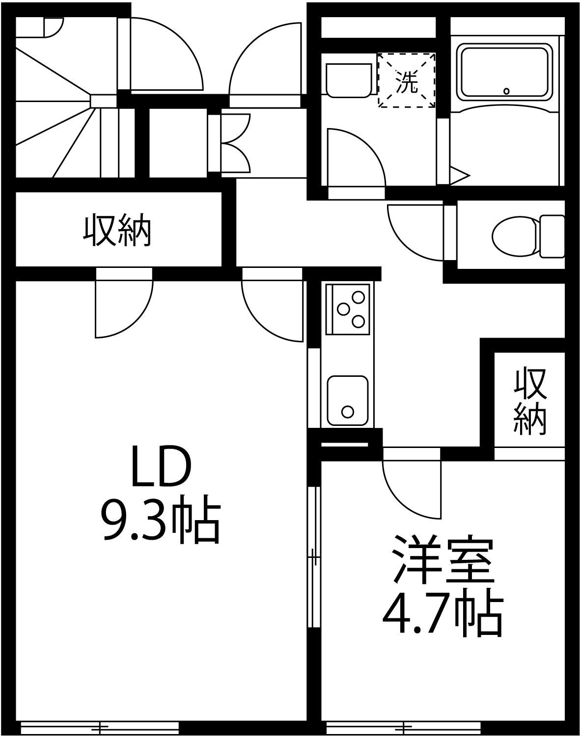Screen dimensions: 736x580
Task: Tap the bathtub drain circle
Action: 506,91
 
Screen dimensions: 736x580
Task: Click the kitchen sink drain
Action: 347,411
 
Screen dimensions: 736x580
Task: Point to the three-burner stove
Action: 348,309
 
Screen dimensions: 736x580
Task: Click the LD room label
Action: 160,466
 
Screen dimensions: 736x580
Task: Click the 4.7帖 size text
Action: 442,616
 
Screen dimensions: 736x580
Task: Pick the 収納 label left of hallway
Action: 117,231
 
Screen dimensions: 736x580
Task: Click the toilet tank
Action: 552,236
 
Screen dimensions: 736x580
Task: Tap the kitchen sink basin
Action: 347,400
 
